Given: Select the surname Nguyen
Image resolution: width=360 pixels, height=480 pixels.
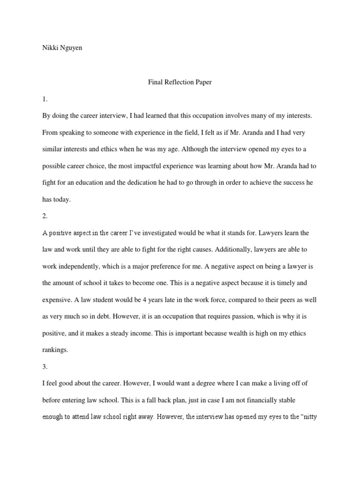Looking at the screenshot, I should coord(71,48).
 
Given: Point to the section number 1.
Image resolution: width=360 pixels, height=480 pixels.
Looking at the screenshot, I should coord(45,100).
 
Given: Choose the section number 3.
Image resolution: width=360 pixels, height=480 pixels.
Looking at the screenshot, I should coord(45,367).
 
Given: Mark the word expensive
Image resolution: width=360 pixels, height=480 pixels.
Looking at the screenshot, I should coord(58,300).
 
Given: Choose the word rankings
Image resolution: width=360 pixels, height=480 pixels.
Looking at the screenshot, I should coord(55,350).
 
